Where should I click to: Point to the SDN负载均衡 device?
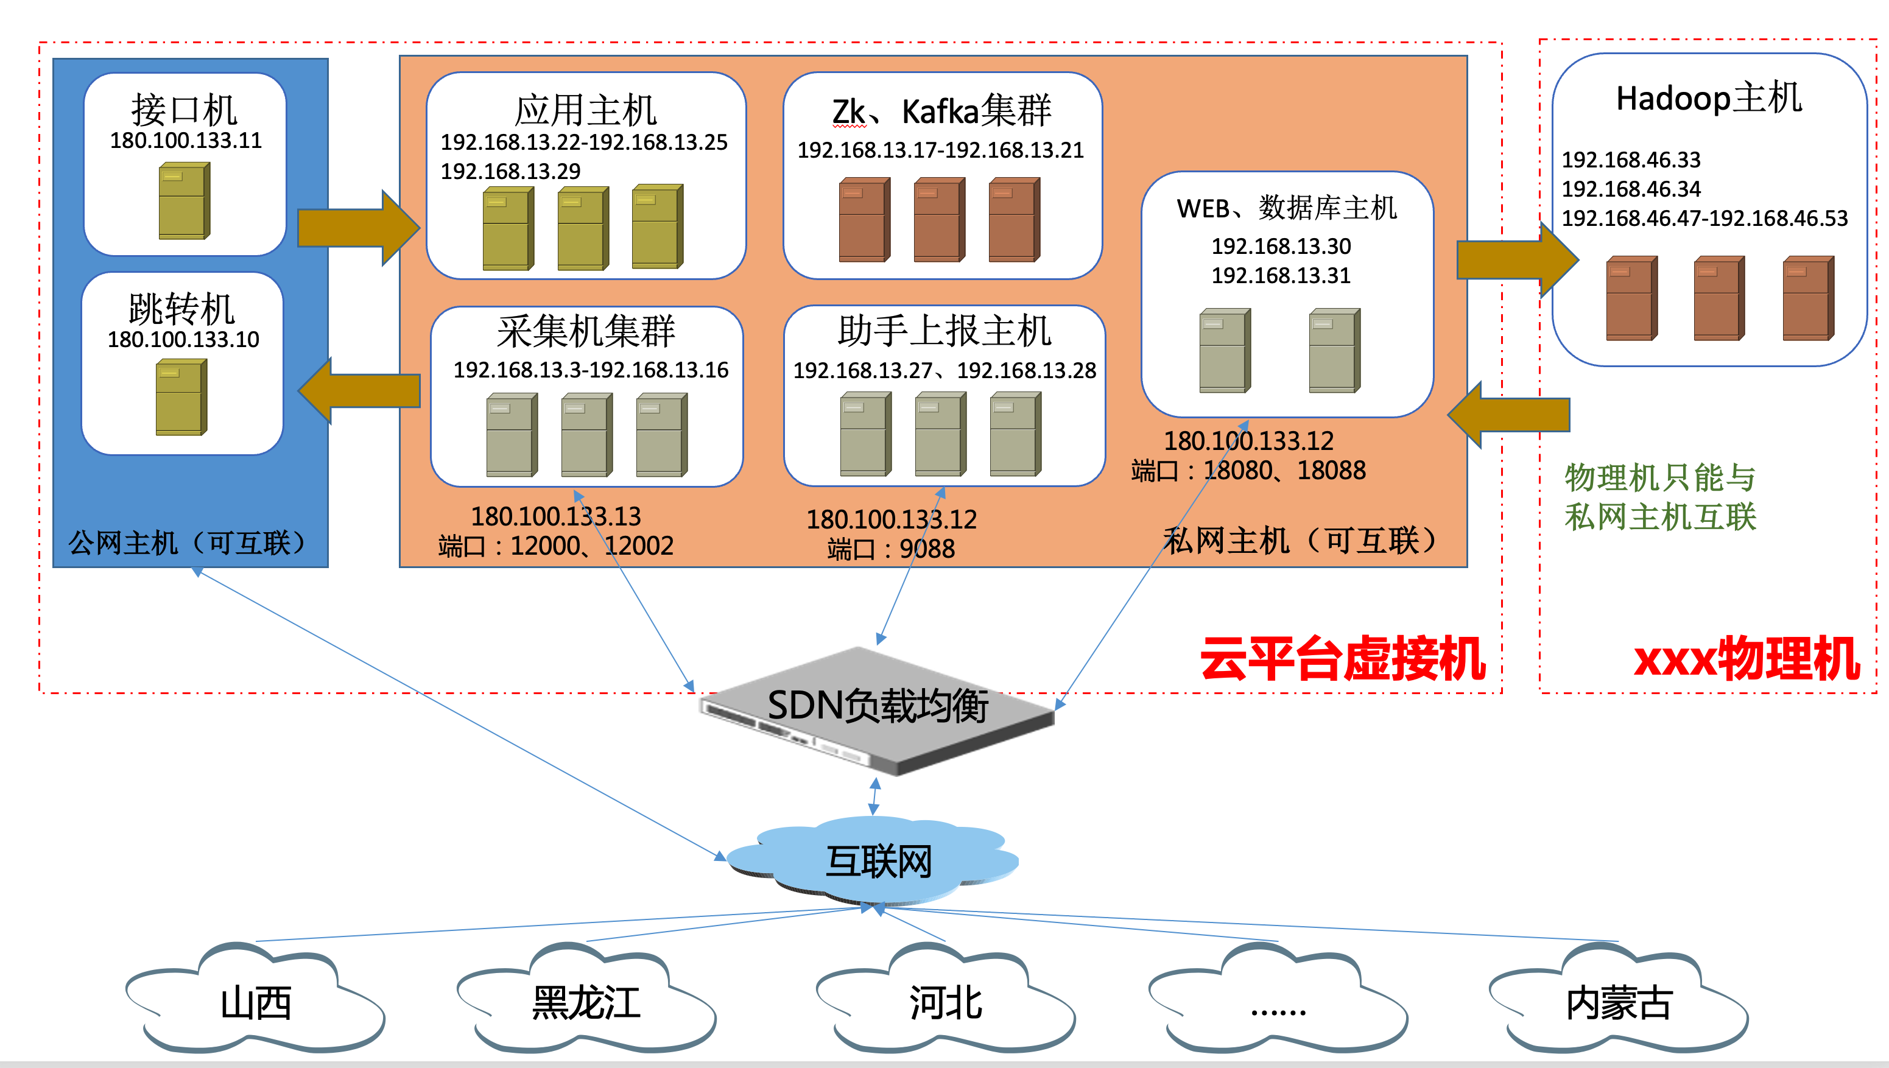878,708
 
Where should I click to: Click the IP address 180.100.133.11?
186,140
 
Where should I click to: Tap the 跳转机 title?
181,308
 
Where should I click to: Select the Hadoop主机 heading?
1709,97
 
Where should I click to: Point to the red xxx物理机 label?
1747,658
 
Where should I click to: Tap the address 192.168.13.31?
1280,275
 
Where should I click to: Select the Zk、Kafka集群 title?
941,111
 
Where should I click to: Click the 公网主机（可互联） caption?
187,543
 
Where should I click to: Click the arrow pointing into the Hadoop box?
1516,259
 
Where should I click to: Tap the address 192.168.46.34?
1631,189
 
